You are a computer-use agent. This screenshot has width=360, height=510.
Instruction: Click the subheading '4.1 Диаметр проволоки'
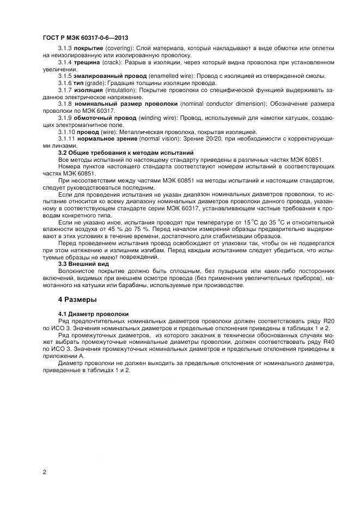(93, 314)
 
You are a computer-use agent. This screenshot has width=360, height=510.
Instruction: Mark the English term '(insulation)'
(120, 89)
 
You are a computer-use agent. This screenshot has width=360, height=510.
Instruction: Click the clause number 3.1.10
(67, 131)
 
